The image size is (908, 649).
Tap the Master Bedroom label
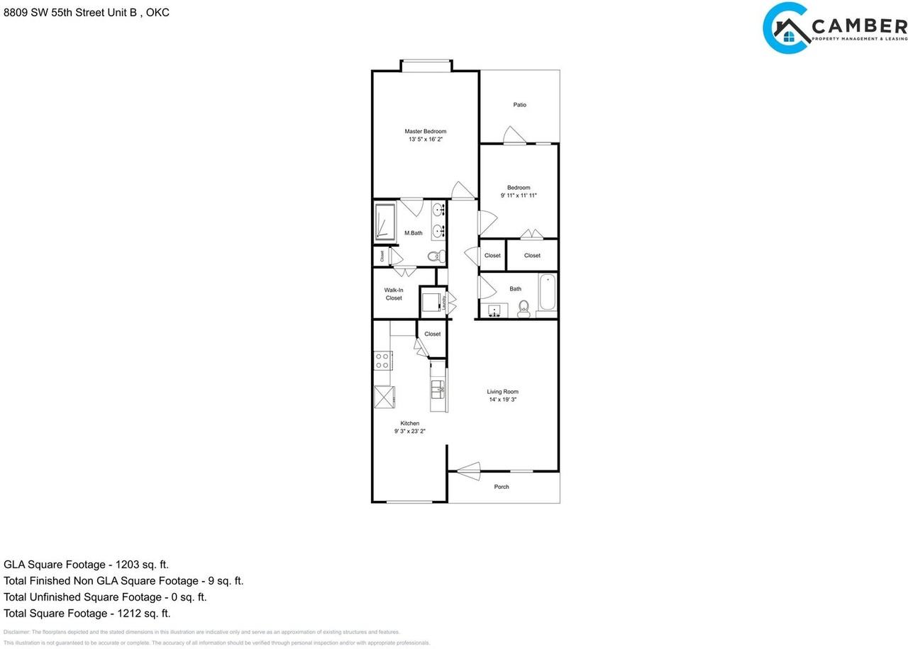tap(426, 131)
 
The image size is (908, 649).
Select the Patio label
tap(520, 105)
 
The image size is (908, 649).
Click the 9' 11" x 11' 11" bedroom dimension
tap(519, 195)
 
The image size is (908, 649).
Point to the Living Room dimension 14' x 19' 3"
tap(502, 400)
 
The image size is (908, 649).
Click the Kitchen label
tap(410, 423)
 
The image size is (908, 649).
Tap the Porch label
tap(502, 487)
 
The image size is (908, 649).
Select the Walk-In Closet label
tap(394, 294)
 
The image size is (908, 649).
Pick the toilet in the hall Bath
tap(524, 308)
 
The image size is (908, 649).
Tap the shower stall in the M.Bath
tap(384, 222)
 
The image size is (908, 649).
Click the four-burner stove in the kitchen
tap(382, 361)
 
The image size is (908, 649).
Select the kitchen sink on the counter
tap(438, 389)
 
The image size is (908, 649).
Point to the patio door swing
tap(514, 135)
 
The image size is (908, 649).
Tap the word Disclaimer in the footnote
tap(16, 632)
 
